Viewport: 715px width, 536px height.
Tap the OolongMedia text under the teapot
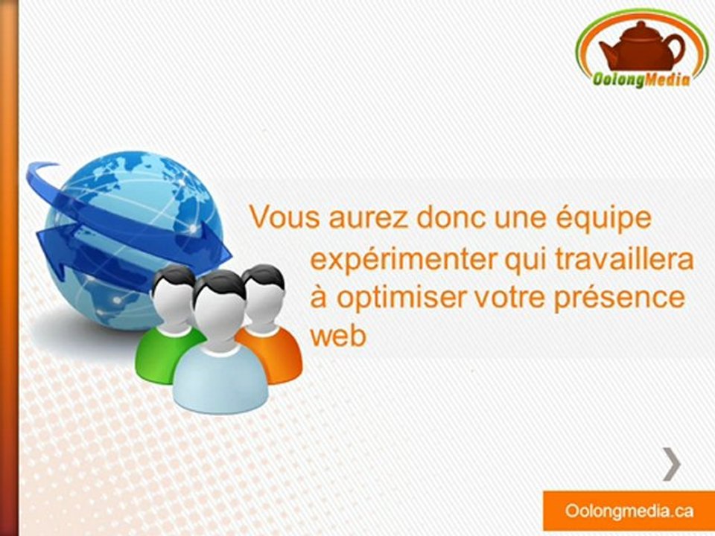[x=643, y=77]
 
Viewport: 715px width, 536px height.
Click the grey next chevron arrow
[x=672, y=465]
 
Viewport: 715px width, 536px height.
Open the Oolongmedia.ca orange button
[x=629, y=511]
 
